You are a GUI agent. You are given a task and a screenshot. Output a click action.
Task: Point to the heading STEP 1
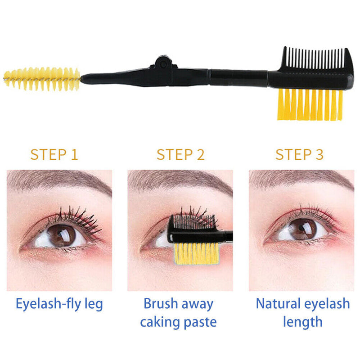pyautogui.click(x=54, y=154)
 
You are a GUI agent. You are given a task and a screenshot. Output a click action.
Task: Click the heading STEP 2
pyautogui.click(x=180, y=154)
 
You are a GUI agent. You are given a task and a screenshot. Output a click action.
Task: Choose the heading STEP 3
pyautogui.click(x=299, y=154)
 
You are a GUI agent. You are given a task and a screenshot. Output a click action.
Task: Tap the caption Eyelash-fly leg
pyautogui.click(x=59, y=304)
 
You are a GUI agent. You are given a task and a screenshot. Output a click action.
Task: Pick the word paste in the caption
pyautogui.click(x=201, y=322)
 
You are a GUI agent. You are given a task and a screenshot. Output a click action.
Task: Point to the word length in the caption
pyautogui.click(x=303, y=322)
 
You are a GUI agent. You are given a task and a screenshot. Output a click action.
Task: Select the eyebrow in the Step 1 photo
pyautogui.click(x=54, y=180)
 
